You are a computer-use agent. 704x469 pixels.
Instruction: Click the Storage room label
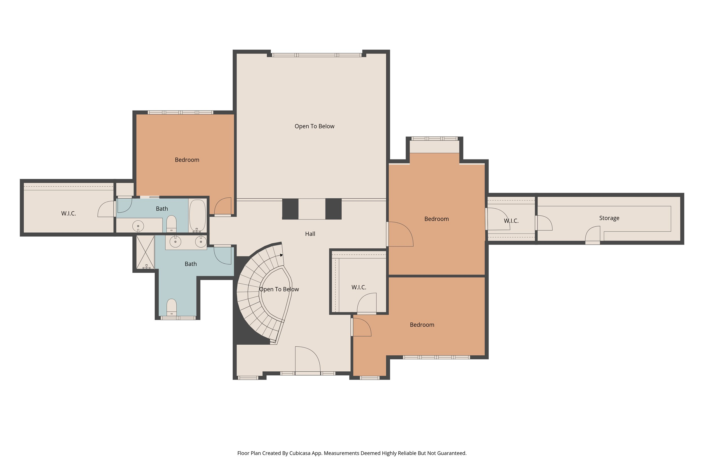click(x=609, y=218)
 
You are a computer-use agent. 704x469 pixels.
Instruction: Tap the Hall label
click(x=310, y=234)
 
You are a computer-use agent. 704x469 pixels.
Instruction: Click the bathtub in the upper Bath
click(x=198, y=215)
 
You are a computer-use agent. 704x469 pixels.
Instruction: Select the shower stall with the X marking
click(x=145, y=252)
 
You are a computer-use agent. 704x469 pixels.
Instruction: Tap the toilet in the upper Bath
click(x=171, y=223)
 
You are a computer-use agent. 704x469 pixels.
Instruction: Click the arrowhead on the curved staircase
click(x=281, y=255)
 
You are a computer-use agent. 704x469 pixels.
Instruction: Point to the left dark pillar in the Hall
click(x=290, y=209)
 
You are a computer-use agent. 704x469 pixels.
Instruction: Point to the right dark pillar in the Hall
click(x=333, y=209)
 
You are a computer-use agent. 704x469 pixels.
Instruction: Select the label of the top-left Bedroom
click(x=187, y=160)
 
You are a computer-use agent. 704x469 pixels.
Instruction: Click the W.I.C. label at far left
click(x=68, y=214)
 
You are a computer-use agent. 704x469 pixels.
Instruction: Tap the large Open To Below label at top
click(x=314, y=126)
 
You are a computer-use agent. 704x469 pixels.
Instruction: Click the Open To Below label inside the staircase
click(x=279, y=289)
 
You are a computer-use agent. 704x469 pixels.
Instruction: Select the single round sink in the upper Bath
click(x=138, y=226)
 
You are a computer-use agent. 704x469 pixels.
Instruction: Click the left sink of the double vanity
click(x=175, y=241)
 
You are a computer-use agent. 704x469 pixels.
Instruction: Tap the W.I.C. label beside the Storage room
click(x=511, y=221)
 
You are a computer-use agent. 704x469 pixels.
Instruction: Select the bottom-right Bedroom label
click(x=422, y=325)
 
